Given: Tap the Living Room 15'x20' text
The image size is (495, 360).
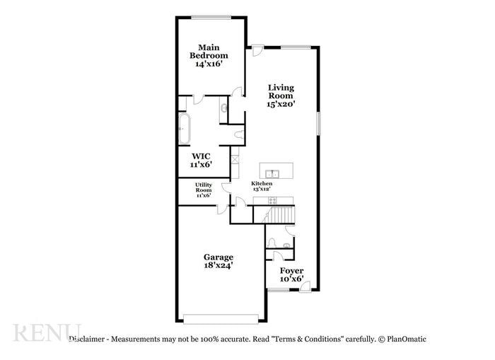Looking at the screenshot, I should click(280, 95).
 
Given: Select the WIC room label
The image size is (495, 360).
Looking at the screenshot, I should click(202, 160).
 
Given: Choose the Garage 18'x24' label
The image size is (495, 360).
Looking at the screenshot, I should click(219, 261).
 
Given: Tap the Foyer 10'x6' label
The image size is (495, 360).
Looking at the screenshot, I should click(291, 274).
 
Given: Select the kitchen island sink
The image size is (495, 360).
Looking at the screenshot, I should click(272, 173).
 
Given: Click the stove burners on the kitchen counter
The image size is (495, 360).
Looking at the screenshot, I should click(272, 201).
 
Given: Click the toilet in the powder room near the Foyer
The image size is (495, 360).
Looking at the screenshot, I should click(285, 245).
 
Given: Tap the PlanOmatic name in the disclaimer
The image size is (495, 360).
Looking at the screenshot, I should click(406, 339).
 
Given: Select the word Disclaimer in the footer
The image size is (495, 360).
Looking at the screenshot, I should click(88, 339).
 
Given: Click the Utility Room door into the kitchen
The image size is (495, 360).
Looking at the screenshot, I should click(226, 188).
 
